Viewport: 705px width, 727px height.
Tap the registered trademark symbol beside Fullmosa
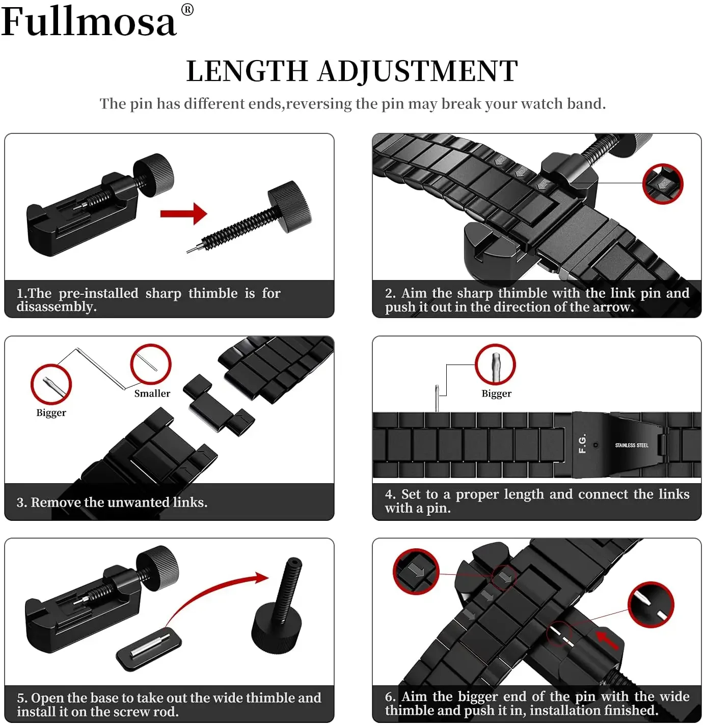click(x=187, y=10)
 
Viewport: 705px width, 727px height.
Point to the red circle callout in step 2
click(x=662, y=184)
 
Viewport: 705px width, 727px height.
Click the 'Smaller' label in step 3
click(x=152, y=394)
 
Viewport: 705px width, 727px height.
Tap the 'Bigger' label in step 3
click(x=51, y=413)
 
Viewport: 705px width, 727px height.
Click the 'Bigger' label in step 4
click(x=496, y=394)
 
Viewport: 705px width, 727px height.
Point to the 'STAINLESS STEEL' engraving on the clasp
click(x=631, y=445)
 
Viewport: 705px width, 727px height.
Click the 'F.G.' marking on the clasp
click(x=583, y=443)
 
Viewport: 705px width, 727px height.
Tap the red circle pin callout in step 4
click(x=495, y=365)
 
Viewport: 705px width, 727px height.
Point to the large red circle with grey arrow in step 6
click(x=416, y=571)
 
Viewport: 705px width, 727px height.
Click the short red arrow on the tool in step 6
click(x=607, y=639)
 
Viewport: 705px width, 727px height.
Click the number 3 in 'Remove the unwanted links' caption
click(x=21, y=502)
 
